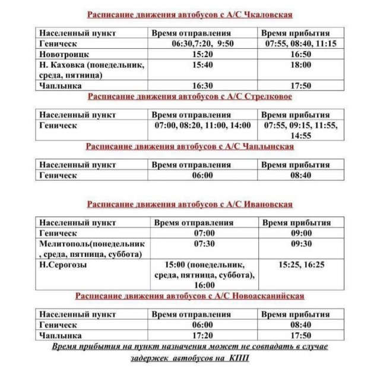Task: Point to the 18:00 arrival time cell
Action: click(295, 64)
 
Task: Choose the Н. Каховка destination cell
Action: click(90, 70)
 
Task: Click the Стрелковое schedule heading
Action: click(189, 96)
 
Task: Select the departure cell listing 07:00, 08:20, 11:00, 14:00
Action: click(202, 126)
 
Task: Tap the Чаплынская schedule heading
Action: click(189, 146)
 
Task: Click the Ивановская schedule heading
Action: click(189, 205)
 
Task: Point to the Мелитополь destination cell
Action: click(90, 249)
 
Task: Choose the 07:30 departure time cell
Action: click(203, 244)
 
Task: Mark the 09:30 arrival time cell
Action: click(295, 244)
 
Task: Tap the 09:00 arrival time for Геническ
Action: click(295, 233)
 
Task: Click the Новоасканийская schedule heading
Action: click(189, 295)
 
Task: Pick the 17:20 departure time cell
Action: click(202, 336)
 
